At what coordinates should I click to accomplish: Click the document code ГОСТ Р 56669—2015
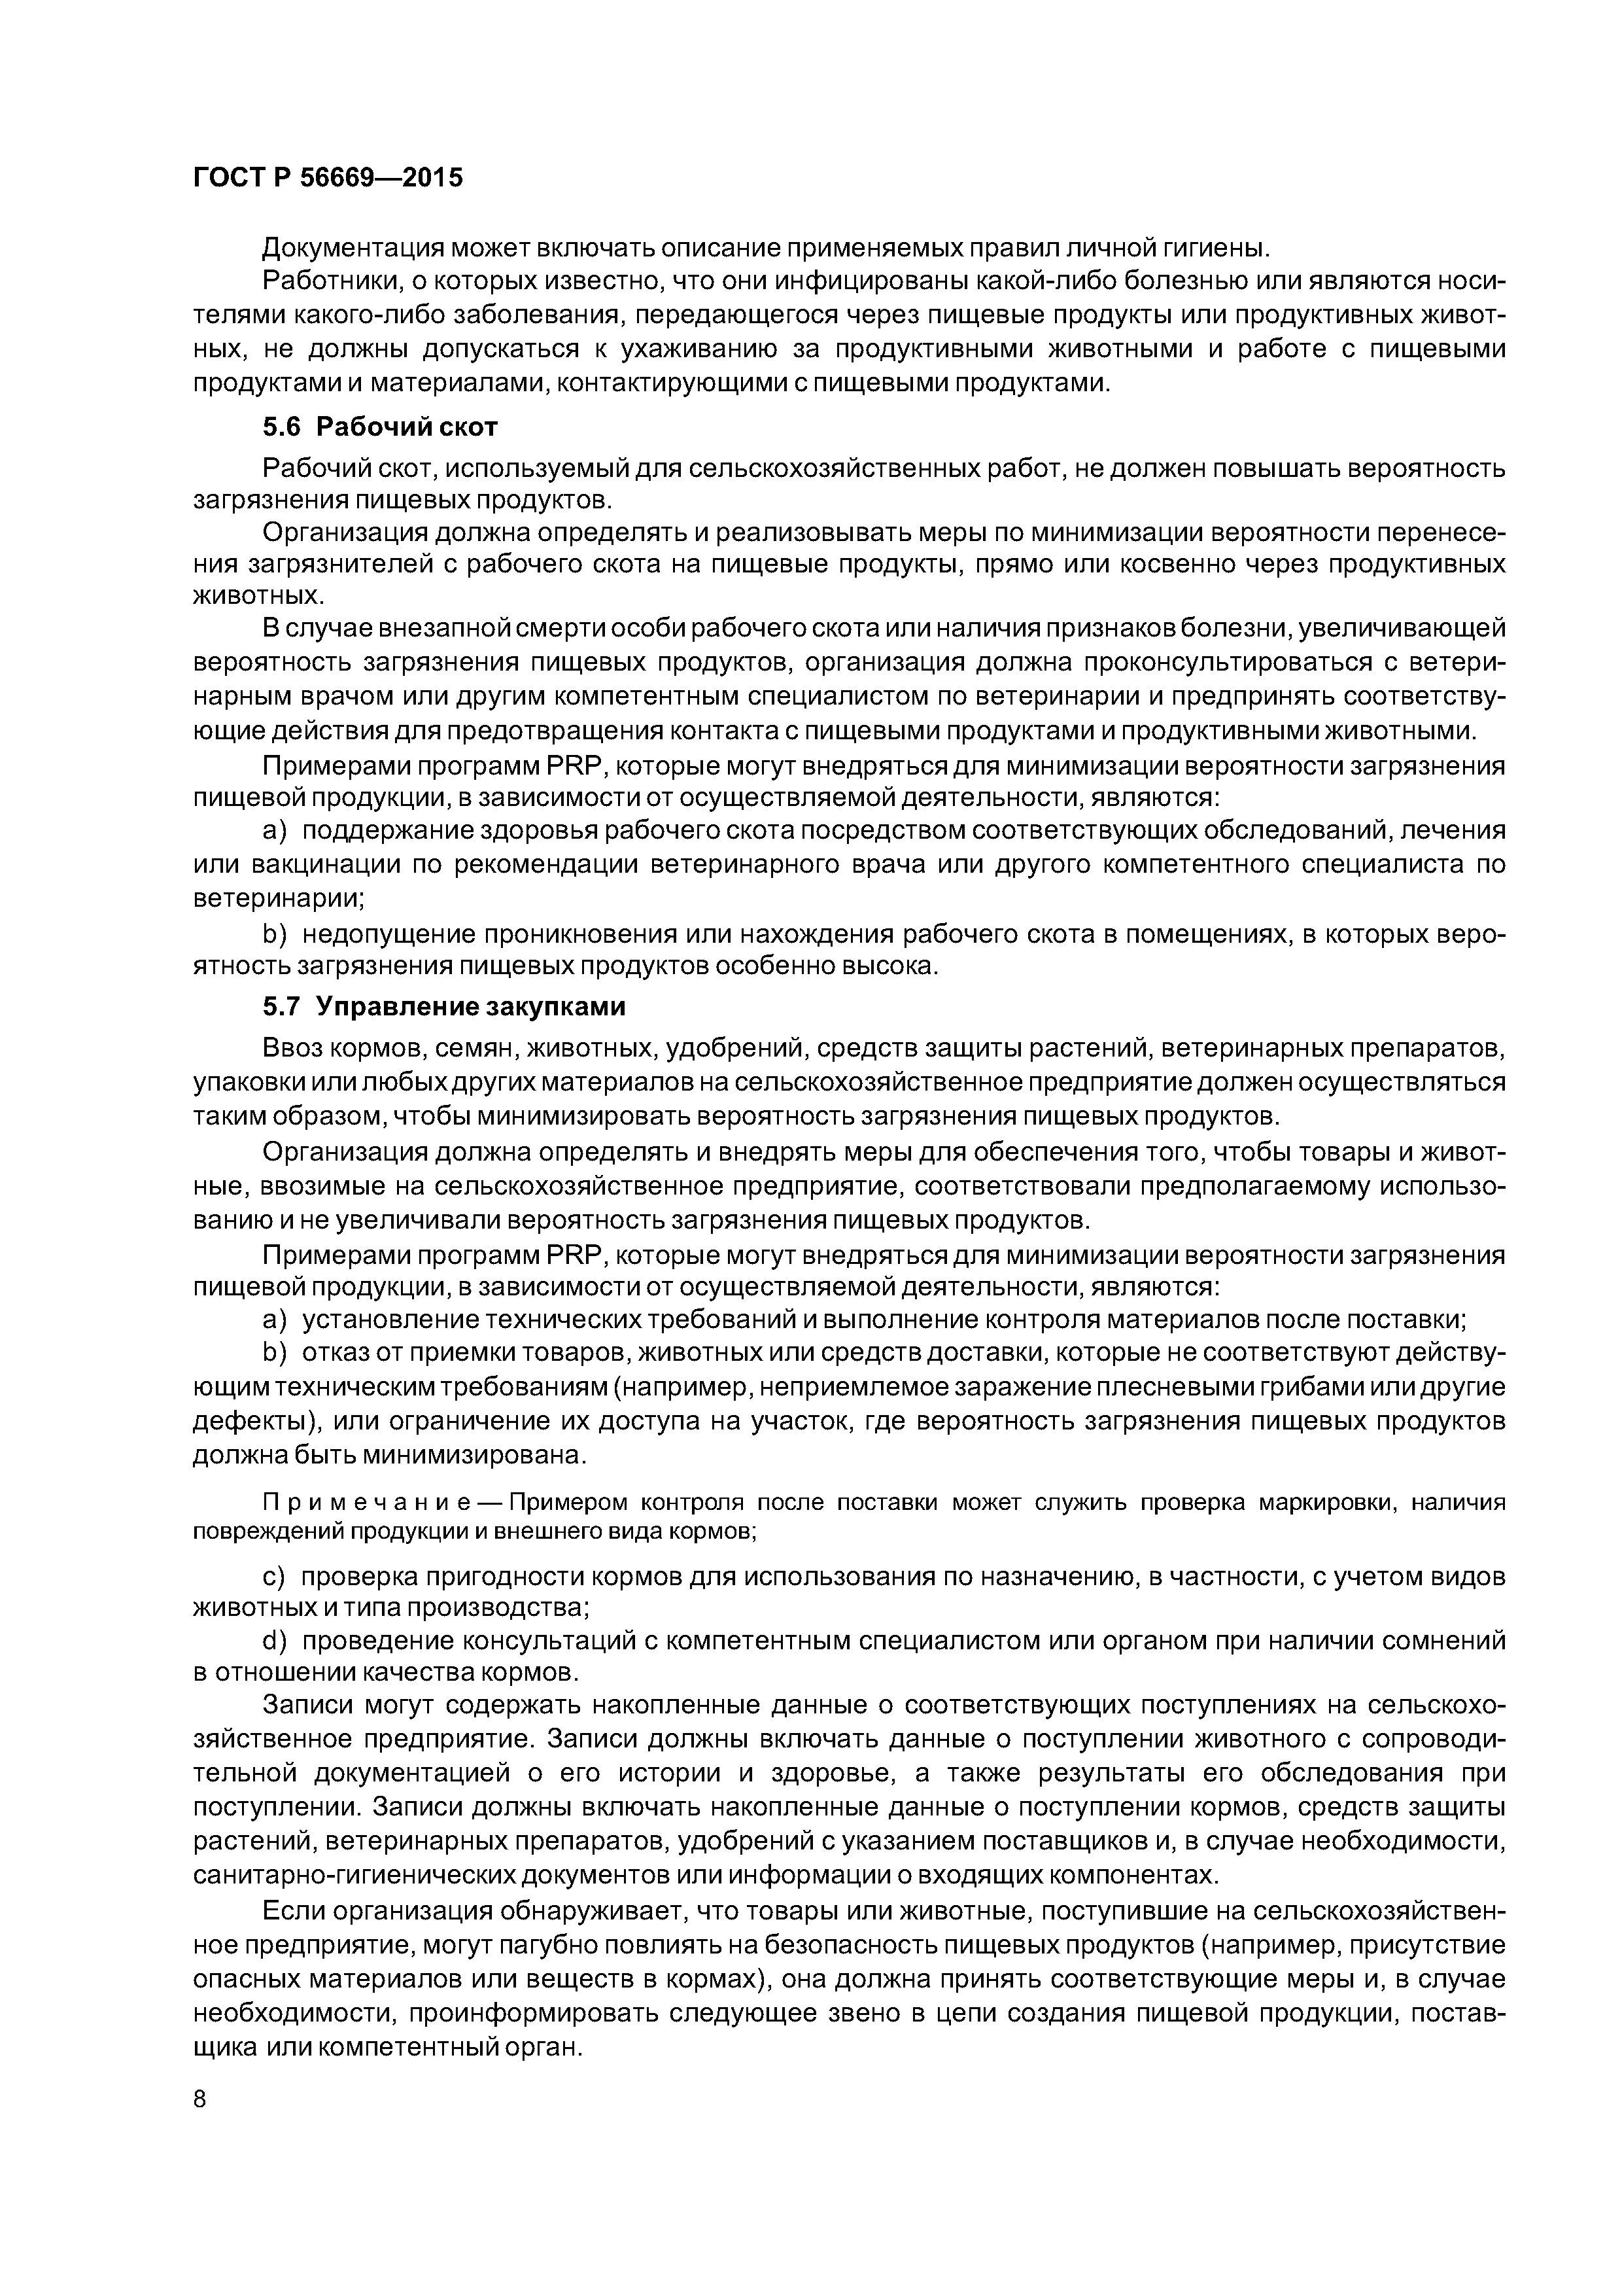(328, 178)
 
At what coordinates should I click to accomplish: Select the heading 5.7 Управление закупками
(443, 1007)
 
